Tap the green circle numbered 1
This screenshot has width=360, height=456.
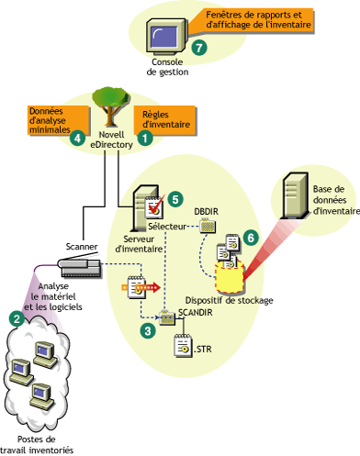tap(143, 134)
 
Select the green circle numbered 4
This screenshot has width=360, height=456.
tap(78, 139)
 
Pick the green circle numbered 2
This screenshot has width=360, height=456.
tap(16, 318)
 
